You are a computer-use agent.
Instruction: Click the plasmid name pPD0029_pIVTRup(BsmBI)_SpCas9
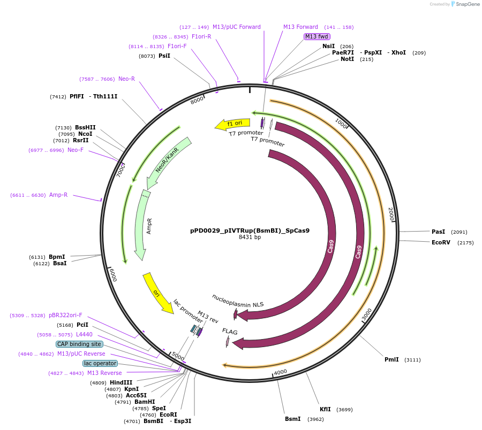[x=250, y=231]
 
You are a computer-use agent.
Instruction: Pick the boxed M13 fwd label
[x=317, y=36]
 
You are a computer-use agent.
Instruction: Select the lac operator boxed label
[x=100, y=363]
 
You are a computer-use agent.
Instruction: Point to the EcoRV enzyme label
[x=441, y=242]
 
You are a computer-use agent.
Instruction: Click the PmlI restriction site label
[x=391, y=359]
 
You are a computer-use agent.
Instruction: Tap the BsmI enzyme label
[x=292, y=419]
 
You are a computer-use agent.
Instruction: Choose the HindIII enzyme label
[x=121, y=382]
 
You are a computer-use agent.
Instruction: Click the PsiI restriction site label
[x=164, y=56]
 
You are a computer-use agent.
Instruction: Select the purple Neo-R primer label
[x=126, y=79]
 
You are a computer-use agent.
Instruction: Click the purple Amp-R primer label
[x=58, y=195]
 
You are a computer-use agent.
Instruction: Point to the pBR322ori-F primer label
[x=65, y=315]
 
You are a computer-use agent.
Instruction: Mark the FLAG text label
[x=230, y=332]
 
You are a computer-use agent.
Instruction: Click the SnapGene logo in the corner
[x=465, y=4]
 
